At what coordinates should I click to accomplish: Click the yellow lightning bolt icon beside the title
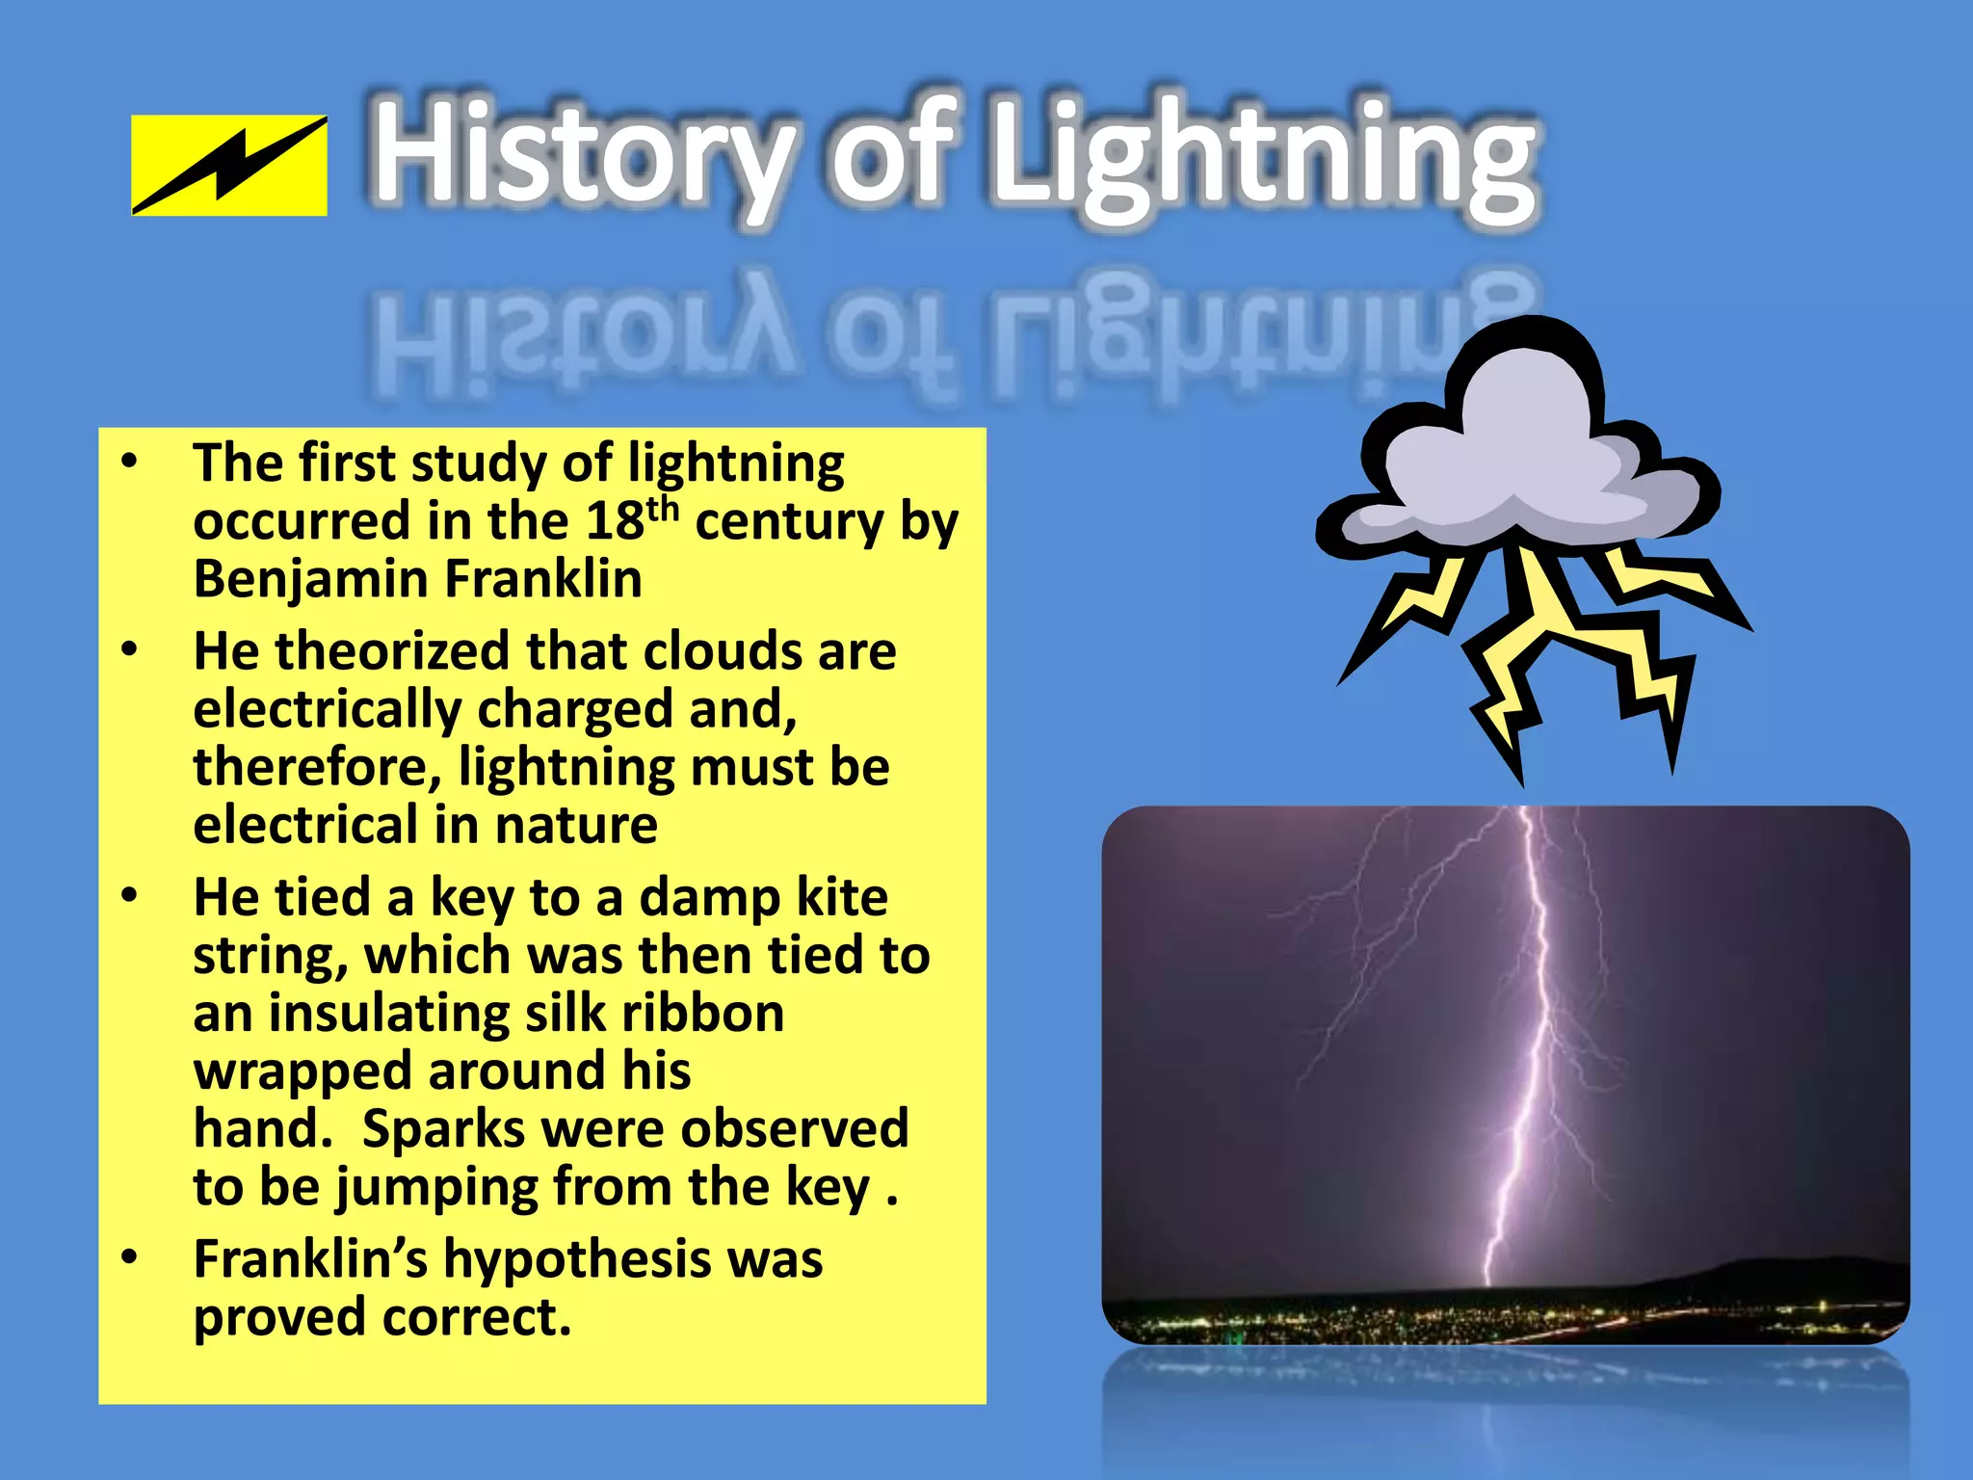tap(229, 165)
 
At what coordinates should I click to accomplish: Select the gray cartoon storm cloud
tap(1516, 453)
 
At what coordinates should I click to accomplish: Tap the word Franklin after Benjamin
tap(543, 580)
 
